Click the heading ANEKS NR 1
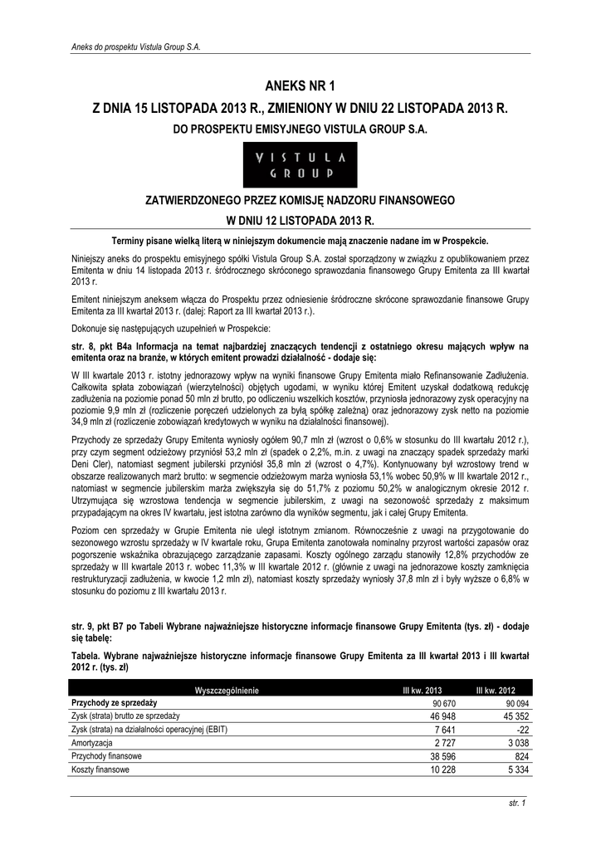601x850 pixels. pos(300,85)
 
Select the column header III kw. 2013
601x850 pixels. pos(422,691)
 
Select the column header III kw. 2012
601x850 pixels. pos(496,691)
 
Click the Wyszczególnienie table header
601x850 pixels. pos(227,691)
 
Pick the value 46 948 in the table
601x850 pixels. pos(427,716)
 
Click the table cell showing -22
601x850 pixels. pos(508,730)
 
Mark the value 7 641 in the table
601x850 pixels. pos(430,730)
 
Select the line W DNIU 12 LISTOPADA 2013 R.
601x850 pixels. pos(300,222)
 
